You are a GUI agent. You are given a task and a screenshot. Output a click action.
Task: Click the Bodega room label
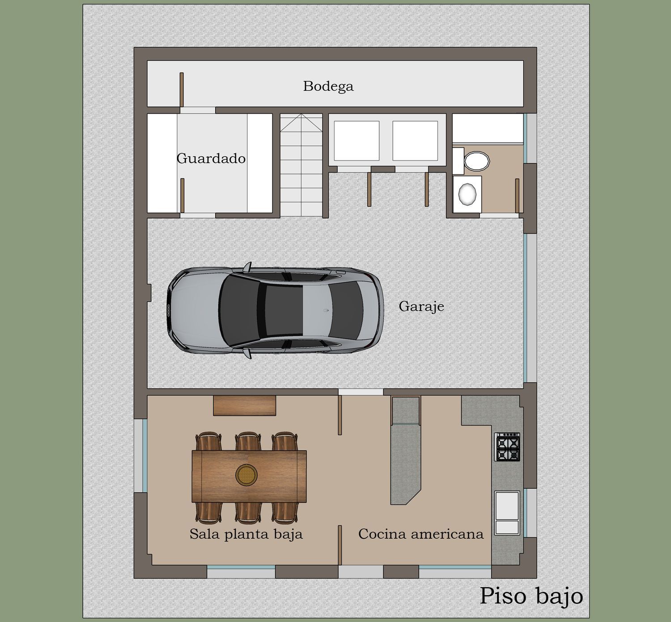(328, 86)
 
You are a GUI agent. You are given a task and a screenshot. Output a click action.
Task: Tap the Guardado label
(211, 158)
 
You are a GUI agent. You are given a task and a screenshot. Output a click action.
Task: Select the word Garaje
(421, 307)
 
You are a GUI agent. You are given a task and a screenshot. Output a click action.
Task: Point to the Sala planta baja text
(246, 534)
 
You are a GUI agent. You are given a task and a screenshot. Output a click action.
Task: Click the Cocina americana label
(421, 534)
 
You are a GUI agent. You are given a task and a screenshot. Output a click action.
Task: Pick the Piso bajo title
(531, 596)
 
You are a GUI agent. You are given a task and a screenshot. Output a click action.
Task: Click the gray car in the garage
(275, 310)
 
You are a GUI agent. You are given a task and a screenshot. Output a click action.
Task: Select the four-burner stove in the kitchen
(507, 447)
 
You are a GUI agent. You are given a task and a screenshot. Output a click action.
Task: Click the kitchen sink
(507, 513)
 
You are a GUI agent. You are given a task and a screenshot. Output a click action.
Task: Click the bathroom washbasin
(467, 194)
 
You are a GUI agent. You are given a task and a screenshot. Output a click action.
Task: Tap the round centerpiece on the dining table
(246, 475)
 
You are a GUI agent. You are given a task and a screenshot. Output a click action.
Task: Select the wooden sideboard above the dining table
(244, 406)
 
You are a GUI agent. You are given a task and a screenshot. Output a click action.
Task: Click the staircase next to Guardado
(301, 165)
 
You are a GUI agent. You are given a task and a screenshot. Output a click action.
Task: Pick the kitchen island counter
(405, 450)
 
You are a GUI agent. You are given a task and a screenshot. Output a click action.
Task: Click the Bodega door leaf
(182, 89)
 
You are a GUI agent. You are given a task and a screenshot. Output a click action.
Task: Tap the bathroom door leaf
(517, 195)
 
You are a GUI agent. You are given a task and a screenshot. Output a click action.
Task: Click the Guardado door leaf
(183, 195)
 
